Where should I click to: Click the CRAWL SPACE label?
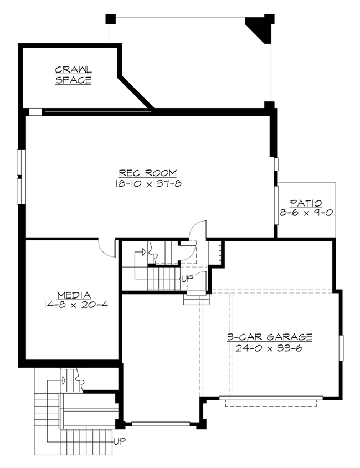(73, 75)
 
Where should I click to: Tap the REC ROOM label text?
(143, 173)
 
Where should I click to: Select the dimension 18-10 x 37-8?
(143, 184)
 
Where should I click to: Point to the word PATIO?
(306, 203)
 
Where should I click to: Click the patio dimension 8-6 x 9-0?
(306, 213)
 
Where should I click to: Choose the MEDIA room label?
(74, 294)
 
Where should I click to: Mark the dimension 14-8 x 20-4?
(74, 304)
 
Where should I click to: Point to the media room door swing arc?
(105, 246)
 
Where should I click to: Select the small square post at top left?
(110, 19)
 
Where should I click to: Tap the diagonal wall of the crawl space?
(136, 91)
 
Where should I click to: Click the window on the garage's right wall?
(342, 348)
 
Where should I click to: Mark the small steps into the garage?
(197, 299)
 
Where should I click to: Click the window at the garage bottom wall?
(161, 425)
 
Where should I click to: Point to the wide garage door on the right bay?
(271, 398)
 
